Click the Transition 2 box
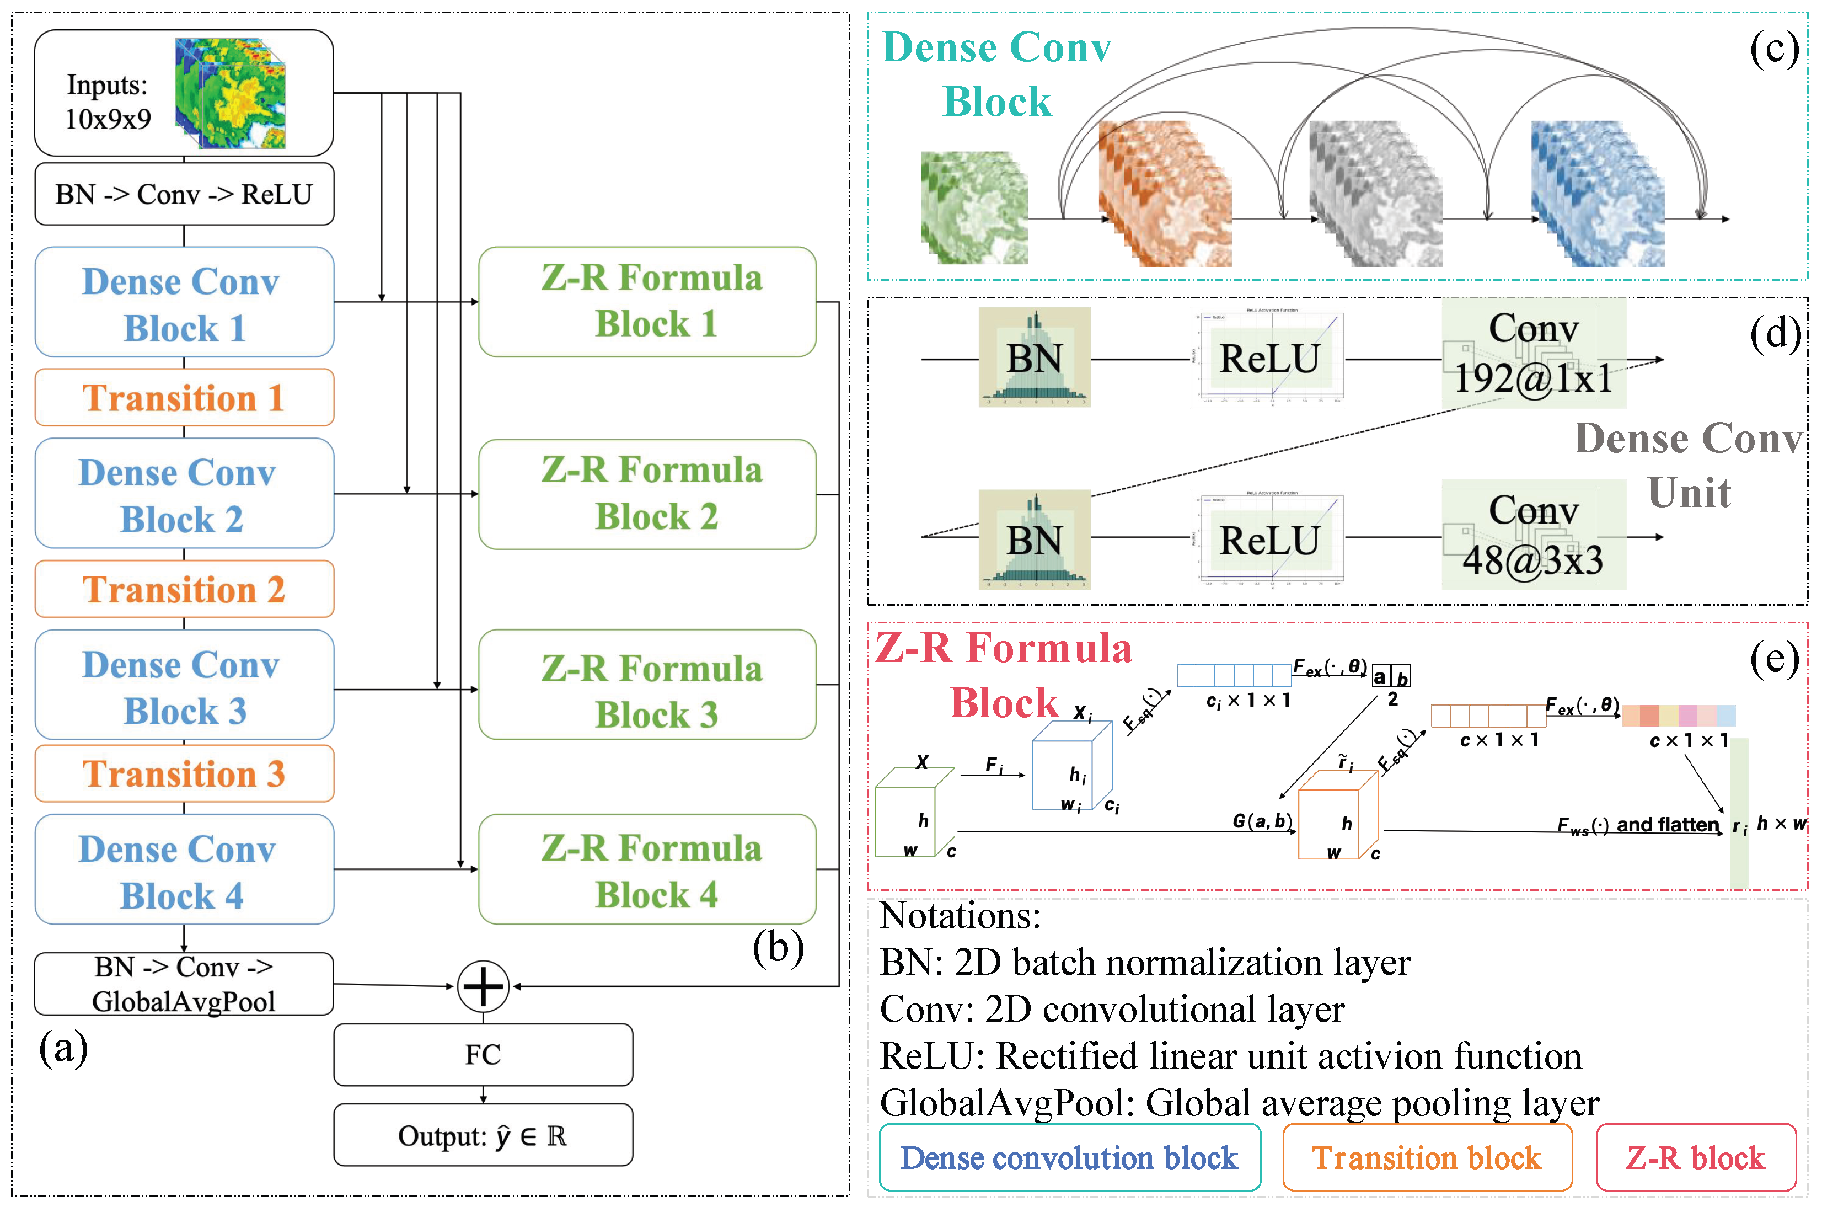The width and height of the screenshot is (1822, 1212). pyautogui.click(x=184, y=589)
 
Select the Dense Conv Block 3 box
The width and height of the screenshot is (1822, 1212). pyautogui.click(x=184, y=686)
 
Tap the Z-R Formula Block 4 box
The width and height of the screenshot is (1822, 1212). pyautogui.click(x=647, y=869)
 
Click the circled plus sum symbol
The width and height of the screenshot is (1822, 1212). pyautogui.click(x=483, y=987)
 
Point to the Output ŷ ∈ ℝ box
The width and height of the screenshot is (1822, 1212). pyautogui.click(x=483, y=1135)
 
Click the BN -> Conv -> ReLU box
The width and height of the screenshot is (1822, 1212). pyautogui.click(x=184, y=194)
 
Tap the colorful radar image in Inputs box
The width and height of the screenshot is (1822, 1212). pyautogui.click(x=231, y=93)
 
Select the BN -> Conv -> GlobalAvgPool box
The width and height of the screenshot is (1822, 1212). pyautogui.click(x=184, y=984)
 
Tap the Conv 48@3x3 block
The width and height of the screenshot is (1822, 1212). pyautogui.click(x=1533, y=535)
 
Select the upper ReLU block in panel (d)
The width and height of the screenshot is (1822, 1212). pyautogui.click(x=1269, y=358)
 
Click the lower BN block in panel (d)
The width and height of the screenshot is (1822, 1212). pyautogui.click(x=1034, y=540)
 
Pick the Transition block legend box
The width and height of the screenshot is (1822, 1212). pyautogui.click(x=1427, y=1158)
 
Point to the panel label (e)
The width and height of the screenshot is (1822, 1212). pyautogui.click(x=1774, y=659)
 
